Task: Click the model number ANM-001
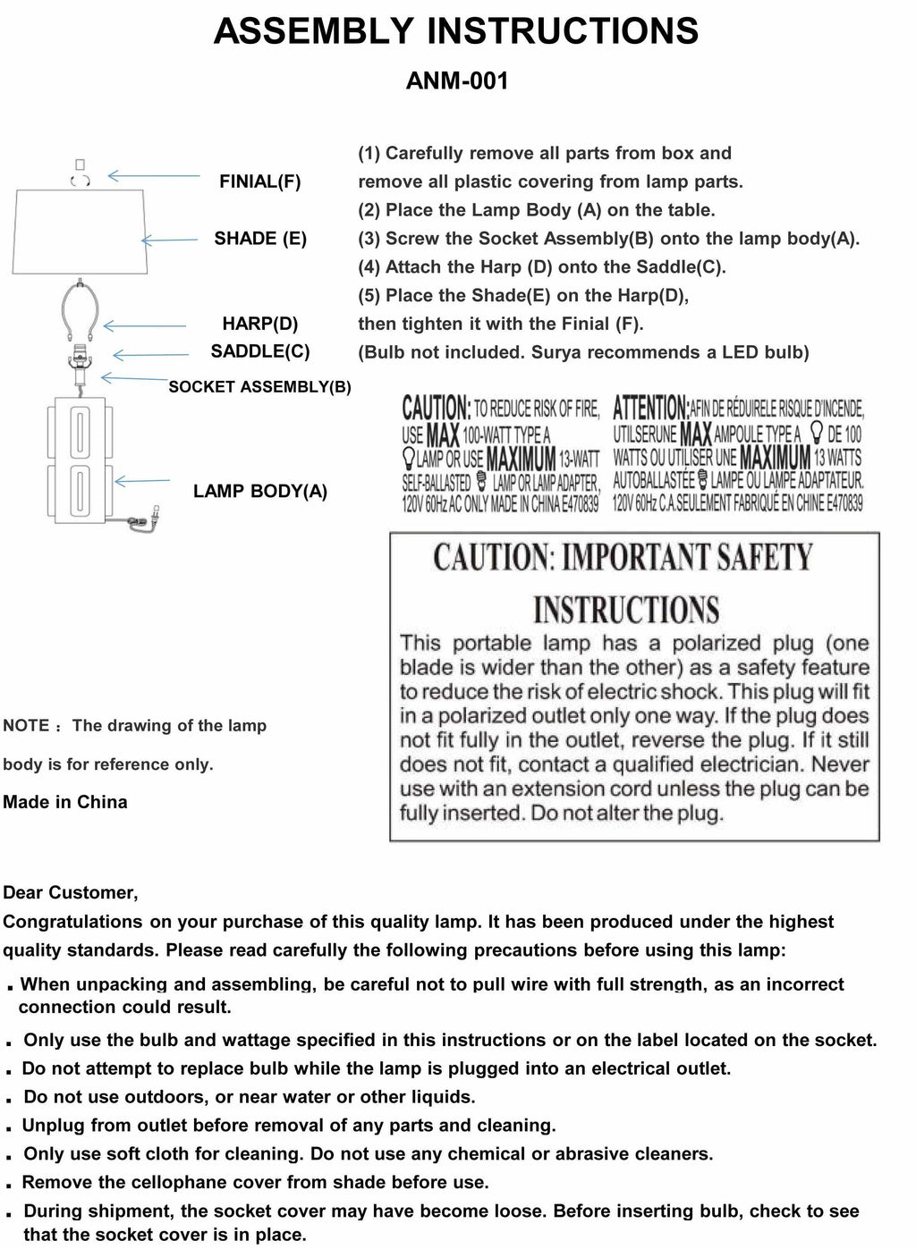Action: click(457, 81)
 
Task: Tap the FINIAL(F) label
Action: click(259, 181)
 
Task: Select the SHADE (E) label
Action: click(260, 238)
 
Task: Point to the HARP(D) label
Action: click(260, 324)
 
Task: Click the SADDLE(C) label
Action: click(260, 351)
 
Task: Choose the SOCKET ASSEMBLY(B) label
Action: click(259, 387)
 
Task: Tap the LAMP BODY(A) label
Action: click(260, 491)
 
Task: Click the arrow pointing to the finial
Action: click(153, 177)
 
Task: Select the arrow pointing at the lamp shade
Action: click(169, 239)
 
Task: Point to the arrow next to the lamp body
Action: click(142, 481)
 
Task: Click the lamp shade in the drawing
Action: click(79, 230)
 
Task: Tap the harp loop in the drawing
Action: click(81, 308)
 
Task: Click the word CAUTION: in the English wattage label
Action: click(436, 409)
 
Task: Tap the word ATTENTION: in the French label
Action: click(650, 409)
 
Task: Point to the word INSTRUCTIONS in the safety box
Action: click(626, 611)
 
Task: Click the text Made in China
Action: click(65, 802)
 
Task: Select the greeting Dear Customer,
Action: click(71, 892)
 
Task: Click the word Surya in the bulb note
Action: click(556, 352)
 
